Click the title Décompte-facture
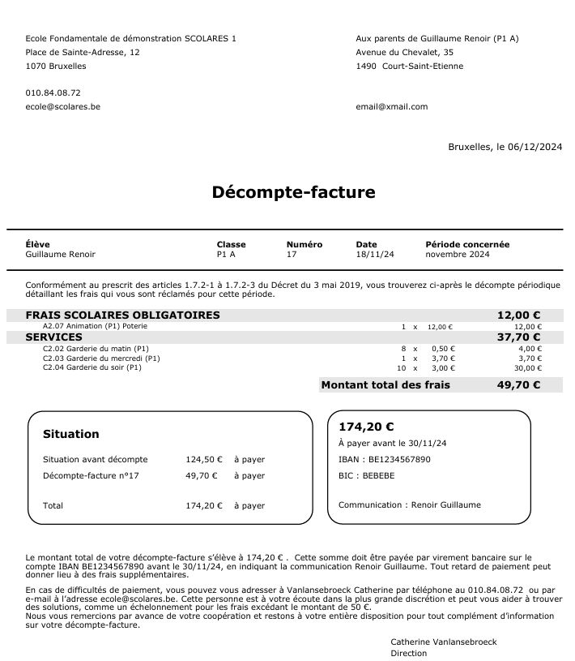click(x=293, y=192)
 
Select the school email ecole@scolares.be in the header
click(x=63, y=106)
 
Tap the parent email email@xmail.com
click(x=391, y=106)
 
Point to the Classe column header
click(x=231, y=244)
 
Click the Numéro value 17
click(x=292, y=254)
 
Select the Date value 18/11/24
click(x=375, y=254)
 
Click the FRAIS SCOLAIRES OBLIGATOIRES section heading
click(x=122, y=315)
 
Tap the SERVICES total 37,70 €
click(x=518, y=337)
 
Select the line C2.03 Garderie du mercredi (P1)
click(x=101, y=358)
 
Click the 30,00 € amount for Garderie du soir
click(x=528, y=367)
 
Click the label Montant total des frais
click(x=385, y=385)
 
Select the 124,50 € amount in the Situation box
click(x=203, y=459)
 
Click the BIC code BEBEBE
click(x=378, y=475)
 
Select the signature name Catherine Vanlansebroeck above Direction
click(x=444, y=642)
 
